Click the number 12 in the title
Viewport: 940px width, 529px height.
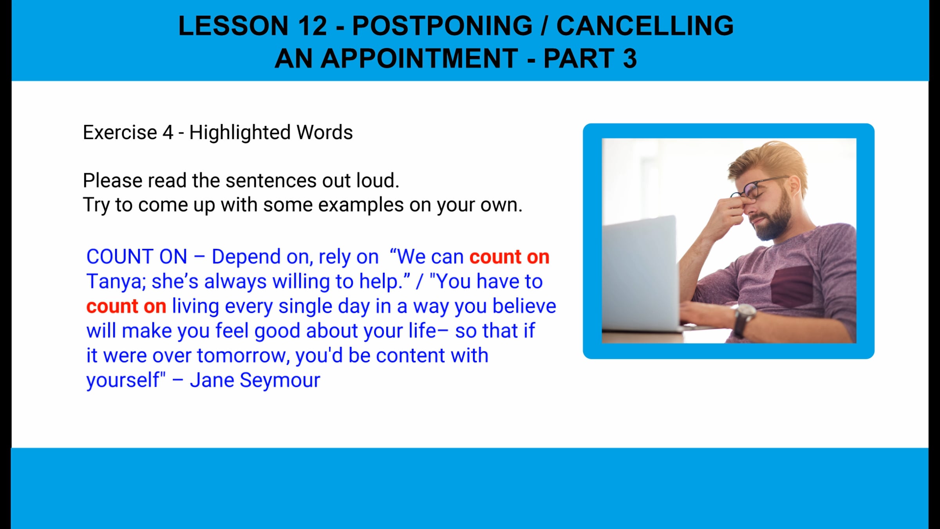click(312, 26)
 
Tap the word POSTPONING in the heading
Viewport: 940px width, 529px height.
click(442, 26)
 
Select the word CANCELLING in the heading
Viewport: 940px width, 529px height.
click(645, 26)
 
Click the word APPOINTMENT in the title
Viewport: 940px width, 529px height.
click(419, 59)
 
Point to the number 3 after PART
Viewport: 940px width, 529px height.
click(630, 59)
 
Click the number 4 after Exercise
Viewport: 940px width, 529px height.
click(168, 132)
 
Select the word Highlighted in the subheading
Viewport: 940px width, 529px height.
click(240, 132)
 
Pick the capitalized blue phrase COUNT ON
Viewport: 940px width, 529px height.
click(137, 257)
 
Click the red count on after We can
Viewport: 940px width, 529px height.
click(509, 257)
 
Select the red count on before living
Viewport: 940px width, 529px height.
click(126, 306)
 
